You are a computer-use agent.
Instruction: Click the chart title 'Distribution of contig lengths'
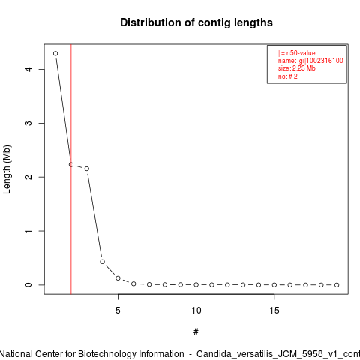[196, 22]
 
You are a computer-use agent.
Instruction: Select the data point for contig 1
[55, 53]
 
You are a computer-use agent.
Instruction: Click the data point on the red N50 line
[71, 165]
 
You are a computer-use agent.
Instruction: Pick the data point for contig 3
[87, 169]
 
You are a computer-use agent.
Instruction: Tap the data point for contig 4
[102, 262]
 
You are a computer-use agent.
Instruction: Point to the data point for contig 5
[118, 278]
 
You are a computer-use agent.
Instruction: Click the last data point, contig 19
[337, 285]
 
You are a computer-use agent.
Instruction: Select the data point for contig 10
[196, 284]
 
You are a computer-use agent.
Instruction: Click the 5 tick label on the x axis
[118, 310]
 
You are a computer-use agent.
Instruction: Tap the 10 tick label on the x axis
[196, 310]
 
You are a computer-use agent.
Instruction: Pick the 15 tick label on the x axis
[274, 310]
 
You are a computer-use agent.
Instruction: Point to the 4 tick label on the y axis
[28, 69]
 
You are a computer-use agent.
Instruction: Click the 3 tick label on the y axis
[28, 123]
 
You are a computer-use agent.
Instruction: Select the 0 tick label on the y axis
[28, 285]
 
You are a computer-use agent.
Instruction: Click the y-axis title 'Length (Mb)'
[7, 169]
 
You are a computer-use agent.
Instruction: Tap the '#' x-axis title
[196, 332]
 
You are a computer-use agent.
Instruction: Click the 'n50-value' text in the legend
[301, 53]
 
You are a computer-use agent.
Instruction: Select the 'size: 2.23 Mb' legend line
[297, 68]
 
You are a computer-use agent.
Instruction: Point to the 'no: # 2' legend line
[288, 76]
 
